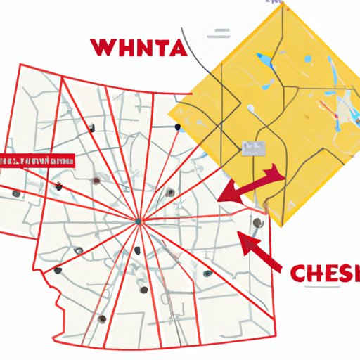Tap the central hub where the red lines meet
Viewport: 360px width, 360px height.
138,221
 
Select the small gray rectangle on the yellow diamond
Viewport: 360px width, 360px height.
252,148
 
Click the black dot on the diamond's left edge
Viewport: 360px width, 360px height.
178,127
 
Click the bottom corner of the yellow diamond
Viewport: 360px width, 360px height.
282,226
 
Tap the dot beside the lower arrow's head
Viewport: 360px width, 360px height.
257,223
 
